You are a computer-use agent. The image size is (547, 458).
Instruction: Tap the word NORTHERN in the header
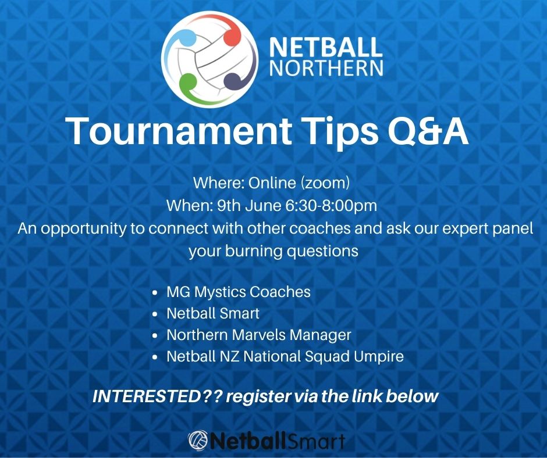tap(326, 67)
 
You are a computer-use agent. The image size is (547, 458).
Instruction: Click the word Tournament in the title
tap(180, 131)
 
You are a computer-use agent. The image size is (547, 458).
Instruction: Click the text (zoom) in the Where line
tap(325, 183)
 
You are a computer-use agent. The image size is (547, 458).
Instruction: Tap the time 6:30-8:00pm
tap(331, 205)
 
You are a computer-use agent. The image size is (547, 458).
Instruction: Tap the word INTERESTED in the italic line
tap(146, 396)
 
